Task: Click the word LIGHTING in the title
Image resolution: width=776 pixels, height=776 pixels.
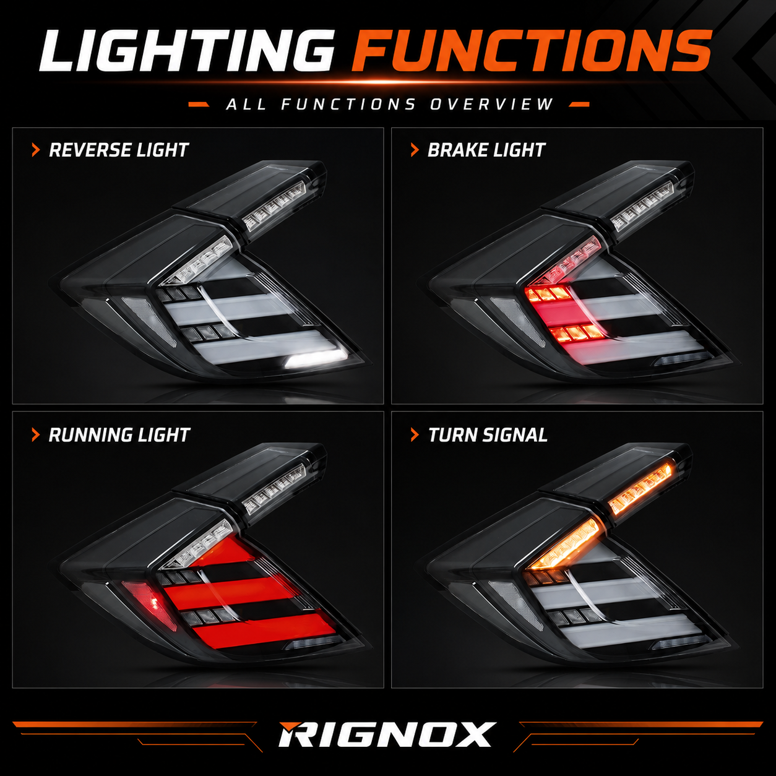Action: pyautogui.click(x=186, y=51)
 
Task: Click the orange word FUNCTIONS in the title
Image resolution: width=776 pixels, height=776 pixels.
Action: pyautogui.click(x=531, y=51)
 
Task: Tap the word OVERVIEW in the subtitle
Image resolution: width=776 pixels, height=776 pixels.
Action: pyautogui.click(x=492, y=105)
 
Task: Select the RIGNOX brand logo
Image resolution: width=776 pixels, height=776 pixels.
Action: pyautogui.click(x=387, y=734)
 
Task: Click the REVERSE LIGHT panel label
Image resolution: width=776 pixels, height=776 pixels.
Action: pyautogui.click(x=118, y=150)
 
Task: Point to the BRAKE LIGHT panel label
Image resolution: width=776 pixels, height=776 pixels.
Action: pyautogui.click(x=486, y=150)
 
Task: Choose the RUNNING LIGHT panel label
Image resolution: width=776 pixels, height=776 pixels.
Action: pyautogui.click(x=119, y=435)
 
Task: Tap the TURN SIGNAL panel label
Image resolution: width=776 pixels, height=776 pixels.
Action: pyautogui.click(x=488, y=435)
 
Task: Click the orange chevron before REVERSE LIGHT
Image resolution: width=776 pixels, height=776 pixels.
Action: pyautogui.click(x=36, y=150)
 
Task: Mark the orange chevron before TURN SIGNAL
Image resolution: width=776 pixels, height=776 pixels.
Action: pyautogui.click(x=415, y=435)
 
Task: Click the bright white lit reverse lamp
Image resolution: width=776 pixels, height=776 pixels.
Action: pyautogui.click(x=316, y=358)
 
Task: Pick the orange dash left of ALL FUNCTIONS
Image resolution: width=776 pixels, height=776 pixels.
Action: pyautogui.click(x=199, y=105)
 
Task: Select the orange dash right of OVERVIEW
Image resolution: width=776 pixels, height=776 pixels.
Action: pyautogui.click(x=579, y=105)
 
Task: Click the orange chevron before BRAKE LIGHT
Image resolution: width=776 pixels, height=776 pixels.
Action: pyautogui.click(x=415, y=150)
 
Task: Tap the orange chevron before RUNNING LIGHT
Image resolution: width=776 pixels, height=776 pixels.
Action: pyautogui.click(x=36, y=435)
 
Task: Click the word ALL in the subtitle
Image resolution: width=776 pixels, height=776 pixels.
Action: pyautogui.click(x=246, y=105)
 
